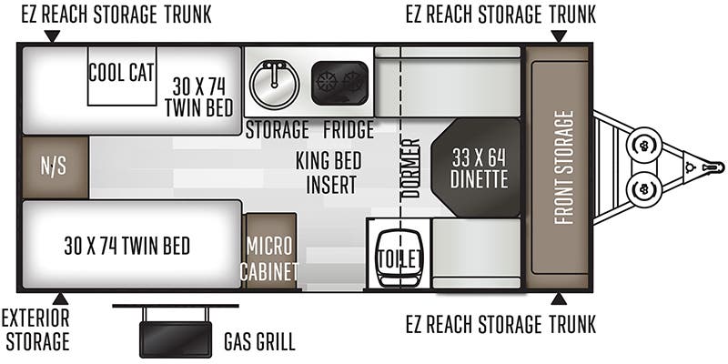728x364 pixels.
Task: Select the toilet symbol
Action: tap(399, 258)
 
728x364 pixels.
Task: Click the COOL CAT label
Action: tap(121, 73)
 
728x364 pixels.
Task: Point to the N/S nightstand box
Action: tap(55, 168)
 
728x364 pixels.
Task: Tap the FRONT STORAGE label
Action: tap(563, 167)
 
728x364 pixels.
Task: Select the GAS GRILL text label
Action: tap(259, 342)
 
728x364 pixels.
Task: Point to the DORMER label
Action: tap(409, 169)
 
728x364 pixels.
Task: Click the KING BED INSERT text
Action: tap(329, 172)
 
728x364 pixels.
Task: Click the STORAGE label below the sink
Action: tap(277, 129)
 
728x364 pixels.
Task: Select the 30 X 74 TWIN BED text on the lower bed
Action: tap(126, 245)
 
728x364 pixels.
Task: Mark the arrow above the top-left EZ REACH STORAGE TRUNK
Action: tap(52, 35)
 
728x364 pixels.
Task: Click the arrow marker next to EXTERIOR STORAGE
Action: tap(60, 298)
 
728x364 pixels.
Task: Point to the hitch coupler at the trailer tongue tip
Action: tap(714, 167)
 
